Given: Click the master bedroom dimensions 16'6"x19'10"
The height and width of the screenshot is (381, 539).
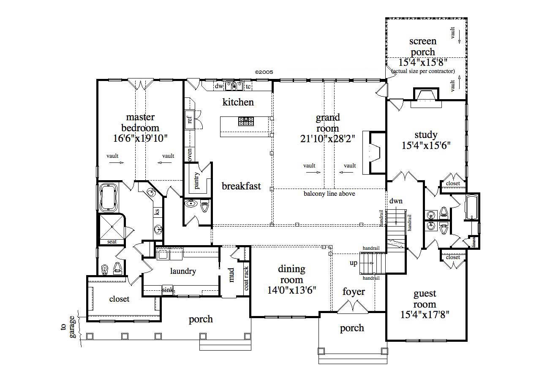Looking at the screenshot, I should [x=141, y=138].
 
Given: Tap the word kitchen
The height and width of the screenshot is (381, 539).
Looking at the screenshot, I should [x=238, y=102].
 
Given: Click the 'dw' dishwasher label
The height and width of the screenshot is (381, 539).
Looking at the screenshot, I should [x=218, y=86].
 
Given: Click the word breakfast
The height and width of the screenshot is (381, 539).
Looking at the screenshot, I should [x=242, y=186].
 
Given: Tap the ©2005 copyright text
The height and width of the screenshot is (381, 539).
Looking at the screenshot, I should [x=264, y=72].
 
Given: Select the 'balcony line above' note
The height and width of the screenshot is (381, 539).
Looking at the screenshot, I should [x=329, y=194].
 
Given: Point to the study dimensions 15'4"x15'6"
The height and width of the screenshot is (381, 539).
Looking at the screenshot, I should [x=426, y=146].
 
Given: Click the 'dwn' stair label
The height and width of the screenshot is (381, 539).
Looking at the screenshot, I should [x=396, y=201].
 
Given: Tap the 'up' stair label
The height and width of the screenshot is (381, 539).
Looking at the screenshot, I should [x=354, y=263].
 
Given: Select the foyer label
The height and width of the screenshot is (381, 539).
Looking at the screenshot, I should [x=354, y=292].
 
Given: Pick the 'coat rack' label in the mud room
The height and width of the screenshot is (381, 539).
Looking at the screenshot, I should [x=246, y=278].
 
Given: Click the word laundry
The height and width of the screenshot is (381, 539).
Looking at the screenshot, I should [x=183, y=271].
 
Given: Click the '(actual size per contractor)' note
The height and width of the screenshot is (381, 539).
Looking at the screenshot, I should [x=423, y=71].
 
